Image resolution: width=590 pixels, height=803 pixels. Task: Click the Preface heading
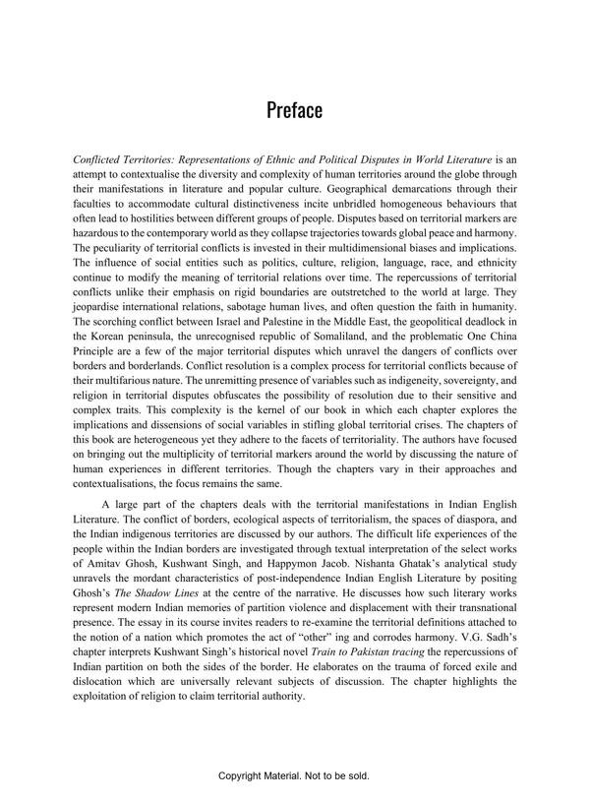coord(294,109)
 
